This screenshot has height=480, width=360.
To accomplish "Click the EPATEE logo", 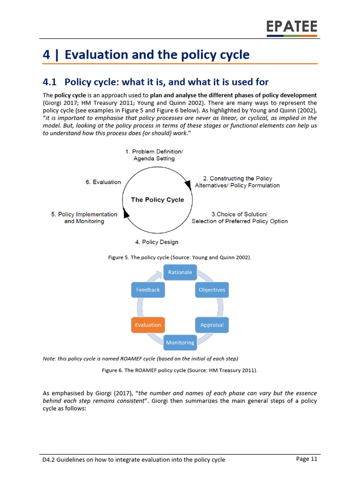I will point(292,27).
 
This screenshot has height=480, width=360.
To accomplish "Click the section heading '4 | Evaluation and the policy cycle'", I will point(146,55).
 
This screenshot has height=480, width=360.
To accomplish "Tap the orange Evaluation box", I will point(148,325).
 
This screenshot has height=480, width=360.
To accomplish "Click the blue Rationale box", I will point(180,272).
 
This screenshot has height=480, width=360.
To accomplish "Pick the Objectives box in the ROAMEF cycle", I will point(212,290).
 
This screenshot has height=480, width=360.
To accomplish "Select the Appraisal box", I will point(212,325).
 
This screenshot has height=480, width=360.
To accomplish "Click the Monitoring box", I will point(180,343).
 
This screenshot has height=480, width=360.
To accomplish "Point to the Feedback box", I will point(148,290).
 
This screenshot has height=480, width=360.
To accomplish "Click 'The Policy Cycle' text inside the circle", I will point(157,200).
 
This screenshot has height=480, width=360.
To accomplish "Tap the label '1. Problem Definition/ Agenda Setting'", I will point(154,155).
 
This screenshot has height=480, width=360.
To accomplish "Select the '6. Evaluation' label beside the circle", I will point(103,182).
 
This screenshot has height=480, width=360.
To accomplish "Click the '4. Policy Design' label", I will point(157,242).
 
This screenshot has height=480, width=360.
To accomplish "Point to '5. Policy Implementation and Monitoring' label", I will point(84,217).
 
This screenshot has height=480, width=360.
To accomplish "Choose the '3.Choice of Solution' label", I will point(240,217).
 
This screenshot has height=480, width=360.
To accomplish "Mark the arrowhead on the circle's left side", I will point(126,214).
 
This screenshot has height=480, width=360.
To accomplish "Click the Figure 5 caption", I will point(180,257).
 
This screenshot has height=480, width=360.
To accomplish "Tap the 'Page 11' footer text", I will point(307,459).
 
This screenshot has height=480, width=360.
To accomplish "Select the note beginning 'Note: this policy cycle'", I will point(140,359).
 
